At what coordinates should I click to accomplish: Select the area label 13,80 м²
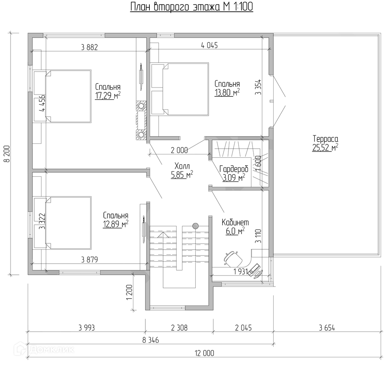coord(227,92)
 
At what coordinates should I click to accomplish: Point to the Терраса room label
coord(325,139)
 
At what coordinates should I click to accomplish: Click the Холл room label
coord(182,166)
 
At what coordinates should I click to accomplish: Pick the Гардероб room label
coord(234,169)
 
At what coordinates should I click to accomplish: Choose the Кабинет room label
coord(235,222)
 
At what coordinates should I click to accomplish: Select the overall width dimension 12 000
coord(204,353)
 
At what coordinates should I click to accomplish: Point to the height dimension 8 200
coord(7,154)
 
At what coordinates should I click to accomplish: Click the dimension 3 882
coord(90,47)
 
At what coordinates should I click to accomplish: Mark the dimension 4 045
coord(209,45)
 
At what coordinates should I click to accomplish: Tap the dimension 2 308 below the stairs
coord(179,327)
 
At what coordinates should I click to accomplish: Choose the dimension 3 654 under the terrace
coord(327,327)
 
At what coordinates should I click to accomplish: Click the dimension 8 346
coord(150,340)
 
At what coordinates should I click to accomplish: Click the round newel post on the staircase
coord(196,226)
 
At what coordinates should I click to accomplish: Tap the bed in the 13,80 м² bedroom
coord(180,89)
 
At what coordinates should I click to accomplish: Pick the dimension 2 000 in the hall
coord(179,150)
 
